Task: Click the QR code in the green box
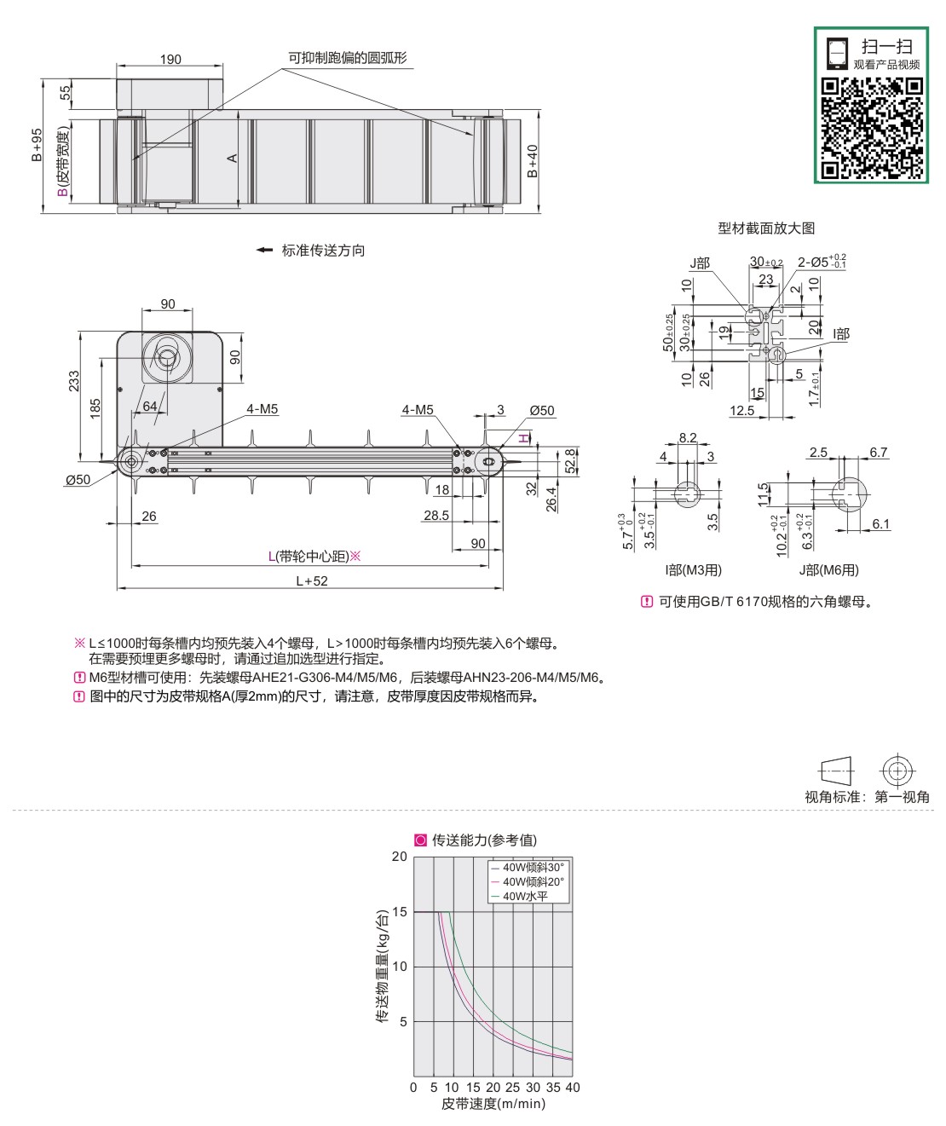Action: tap(871, 127)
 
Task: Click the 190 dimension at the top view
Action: tap(170, 60)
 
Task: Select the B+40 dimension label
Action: tap(533, 161)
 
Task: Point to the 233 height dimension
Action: tap(74, 382)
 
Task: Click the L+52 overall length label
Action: tap(311, 580)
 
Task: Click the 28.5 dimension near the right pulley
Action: tap(436, 516)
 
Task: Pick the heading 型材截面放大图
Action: tap(766, 228)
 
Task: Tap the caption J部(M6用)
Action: tap(828, 570)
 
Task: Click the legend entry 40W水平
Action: tap(525, 896)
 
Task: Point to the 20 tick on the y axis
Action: tap(399, 857)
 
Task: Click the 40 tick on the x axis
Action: tap(573, 1088)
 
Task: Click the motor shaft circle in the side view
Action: tap(167, 357)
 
